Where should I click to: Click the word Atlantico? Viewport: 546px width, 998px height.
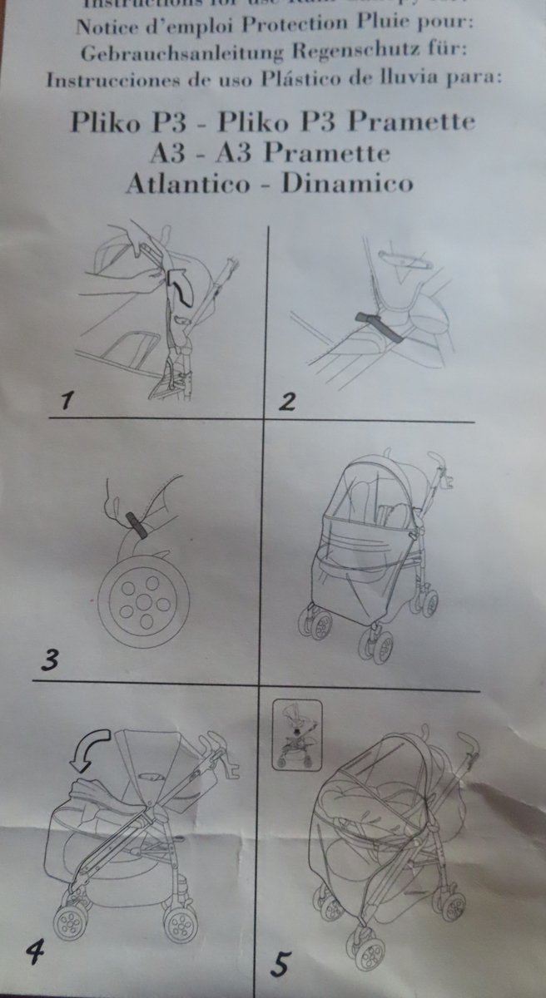(186, 182)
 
